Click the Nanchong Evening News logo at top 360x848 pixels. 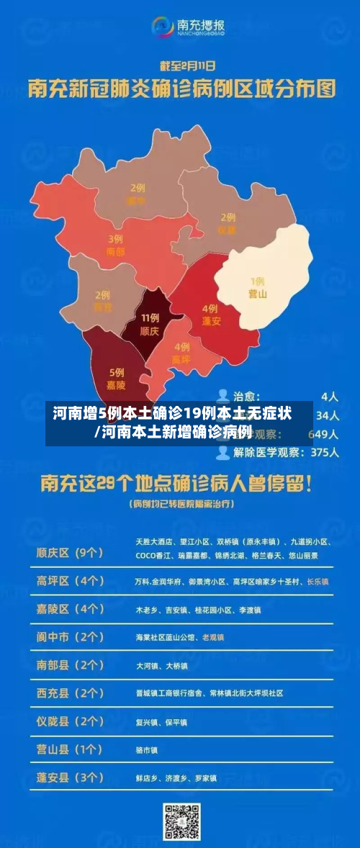click(188, 27)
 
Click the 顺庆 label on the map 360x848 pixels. click(149, 332)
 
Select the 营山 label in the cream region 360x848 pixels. click(258, 293)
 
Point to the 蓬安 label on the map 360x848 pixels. click(211, 321)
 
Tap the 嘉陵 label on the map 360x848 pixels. click(116, 385)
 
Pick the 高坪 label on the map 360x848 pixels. click(181, 359)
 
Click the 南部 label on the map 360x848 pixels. click(115, 252)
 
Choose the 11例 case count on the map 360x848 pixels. click(150, 317)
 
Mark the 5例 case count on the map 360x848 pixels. click(117, 372)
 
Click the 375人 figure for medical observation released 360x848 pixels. click(324, 452)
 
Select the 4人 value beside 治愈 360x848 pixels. click(330, 396)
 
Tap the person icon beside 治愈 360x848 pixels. click(222, 396)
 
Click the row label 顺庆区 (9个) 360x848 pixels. click(70, 553)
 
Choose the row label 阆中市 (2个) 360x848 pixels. click(70, 637)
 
